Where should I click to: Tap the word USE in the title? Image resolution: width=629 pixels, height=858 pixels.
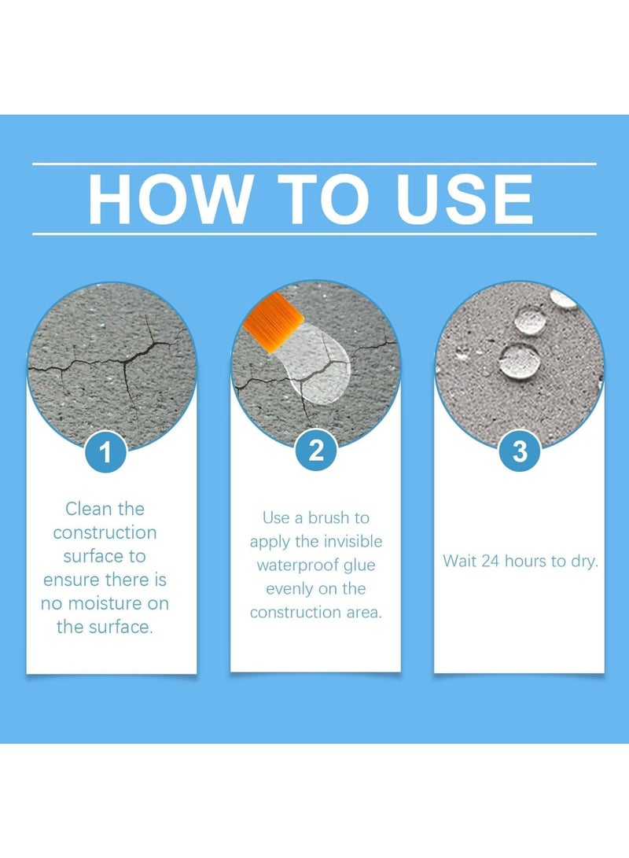[464, 199]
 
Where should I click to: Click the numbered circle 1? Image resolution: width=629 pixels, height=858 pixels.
[105, 452]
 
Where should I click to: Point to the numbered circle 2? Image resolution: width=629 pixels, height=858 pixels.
[316, 451]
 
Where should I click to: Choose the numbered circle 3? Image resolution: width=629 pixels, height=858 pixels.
[520, 451]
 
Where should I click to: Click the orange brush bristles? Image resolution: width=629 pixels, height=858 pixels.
[273, 323]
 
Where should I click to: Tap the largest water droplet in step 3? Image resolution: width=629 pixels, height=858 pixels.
[519, 361]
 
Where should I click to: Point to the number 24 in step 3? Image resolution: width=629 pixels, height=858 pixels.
[490, 562]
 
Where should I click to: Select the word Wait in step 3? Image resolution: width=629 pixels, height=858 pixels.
[459, 562]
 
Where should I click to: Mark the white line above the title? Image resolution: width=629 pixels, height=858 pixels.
[314, 163]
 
